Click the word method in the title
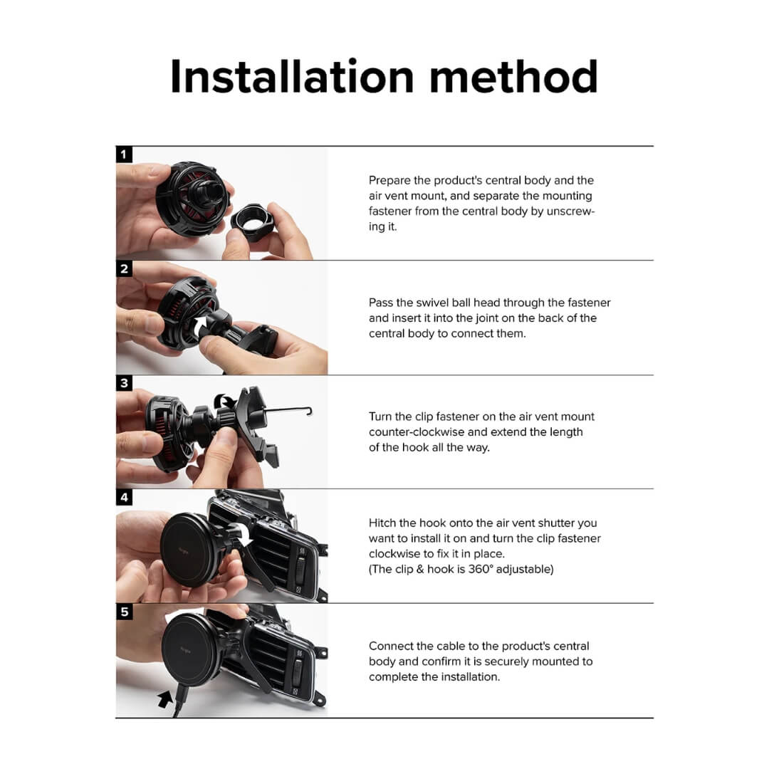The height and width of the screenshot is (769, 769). [513, 76]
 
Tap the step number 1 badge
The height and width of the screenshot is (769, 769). [124, 155]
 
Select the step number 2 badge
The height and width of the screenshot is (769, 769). [124, 268]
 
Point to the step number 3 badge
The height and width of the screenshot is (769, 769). [124, 383]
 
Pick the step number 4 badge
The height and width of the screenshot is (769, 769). [124, 497]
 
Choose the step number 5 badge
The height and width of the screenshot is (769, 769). [124, 612]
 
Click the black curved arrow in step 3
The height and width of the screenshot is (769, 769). [225, 401]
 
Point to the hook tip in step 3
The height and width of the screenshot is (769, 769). [309, 411]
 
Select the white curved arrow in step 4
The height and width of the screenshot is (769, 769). [244, 535]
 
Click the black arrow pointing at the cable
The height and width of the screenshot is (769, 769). [164, 699]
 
